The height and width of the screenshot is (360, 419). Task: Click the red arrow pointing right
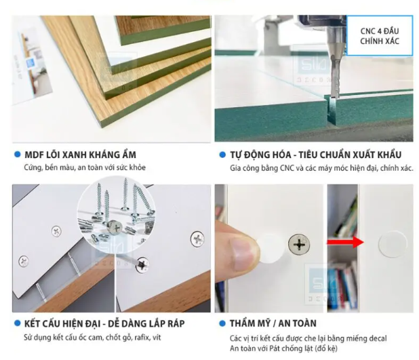click(x=345, y=242)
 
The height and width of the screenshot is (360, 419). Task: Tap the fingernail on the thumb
click(x=243, y=252)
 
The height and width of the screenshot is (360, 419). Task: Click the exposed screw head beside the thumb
click(x=299, y=244)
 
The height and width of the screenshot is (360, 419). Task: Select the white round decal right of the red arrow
click(x=393, y=243)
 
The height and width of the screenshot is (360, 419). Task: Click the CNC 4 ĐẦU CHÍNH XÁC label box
click(x=380, y=36)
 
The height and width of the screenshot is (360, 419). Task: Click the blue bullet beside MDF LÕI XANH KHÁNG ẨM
click(x=18, y=154)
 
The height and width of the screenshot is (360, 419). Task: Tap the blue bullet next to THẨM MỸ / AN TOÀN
click(x=222, y=323)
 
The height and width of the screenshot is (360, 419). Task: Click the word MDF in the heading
click(x=33, y=155)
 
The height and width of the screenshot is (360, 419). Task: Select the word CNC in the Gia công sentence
click(x=287, y=168)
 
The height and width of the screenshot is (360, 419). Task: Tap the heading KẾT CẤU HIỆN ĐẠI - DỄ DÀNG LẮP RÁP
click(x=104, y=323)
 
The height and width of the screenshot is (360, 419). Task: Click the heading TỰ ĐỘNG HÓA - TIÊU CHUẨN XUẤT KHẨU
click(x=316, y=155)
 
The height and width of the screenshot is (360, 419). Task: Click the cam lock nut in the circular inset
click(x=115, y=228)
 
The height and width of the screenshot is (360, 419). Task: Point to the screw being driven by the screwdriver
click(x=142, y=264)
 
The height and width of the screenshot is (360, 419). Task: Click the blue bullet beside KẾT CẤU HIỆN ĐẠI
click(x=18, y=323)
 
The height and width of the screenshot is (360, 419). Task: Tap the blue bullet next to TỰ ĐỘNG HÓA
click(x=222, y=155)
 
